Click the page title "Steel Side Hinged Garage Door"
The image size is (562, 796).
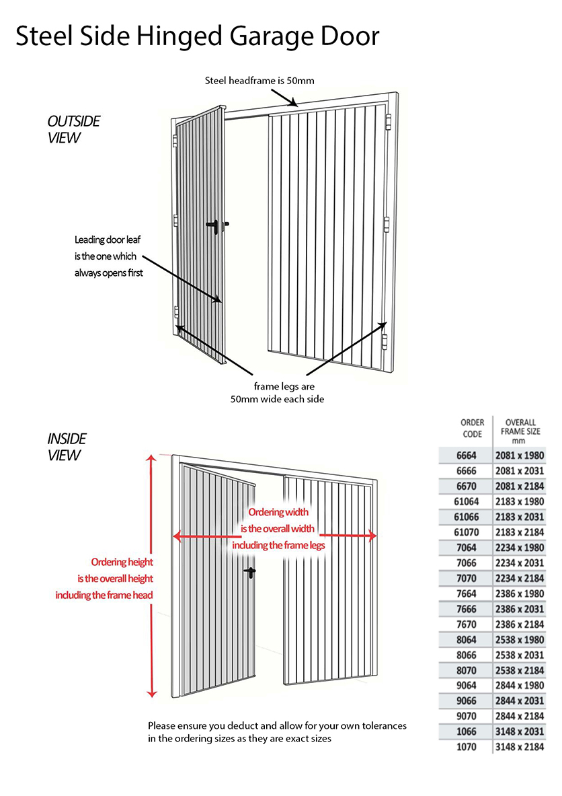click(197, 36)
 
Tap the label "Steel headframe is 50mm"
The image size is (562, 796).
click(259, 81)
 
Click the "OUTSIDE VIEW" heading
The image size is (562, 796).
click(73, 129)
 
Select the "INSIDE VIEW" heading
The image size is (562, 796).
click(67, 447)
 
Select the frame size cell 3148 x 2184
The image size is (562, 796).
click(520, 747)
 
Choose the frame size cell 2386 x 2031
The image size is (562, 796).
click(520, 609)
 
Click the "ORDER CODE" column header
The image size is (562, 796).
click(472, 429)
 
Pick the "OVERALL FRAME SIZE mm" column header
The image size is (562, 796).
click(520, 431)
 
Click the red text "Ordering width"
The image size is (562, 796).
click(278, 513)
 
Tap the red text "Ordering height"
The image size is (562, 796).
click(122, 563)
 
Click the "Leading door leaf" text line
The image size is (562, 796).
click(108, 240)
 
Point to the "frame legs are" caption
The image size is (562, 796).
click(284, 387)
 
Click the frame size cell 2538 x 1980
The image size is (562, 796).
click(520, 639)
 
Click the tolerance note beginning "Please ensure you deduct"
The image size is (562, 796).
click(277, 726)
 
